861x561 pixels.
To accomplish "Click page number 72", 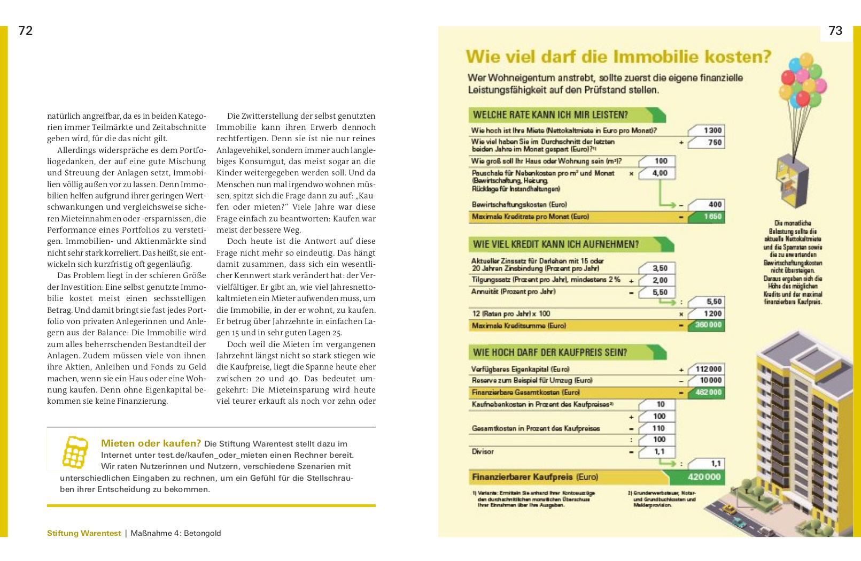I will click(x=26, y=31).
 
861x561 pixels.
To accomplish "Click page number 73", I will click(x=835, y=31).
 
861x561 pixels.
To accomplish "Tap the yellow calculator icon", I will click(x=75, y=452).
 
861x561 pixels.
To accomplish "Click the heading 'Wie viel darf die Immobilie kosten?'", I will click(x=618, y=57).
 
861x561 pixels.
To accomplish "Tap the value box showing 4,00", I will click(x=657, y=173).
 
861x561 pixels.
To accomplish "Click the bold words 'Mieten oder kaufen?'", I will click(x=151, y=443).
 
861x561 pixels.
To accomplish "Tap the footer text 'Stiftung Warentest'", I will click(x=84, y=533).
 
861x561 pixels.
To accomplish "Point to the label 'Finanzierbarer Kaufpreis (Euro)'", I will click(x=534, y=477).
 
